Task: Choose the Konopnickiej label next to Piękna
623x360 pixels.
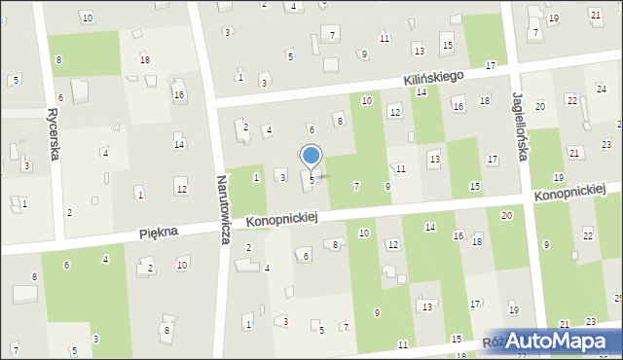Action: tap(282, 221)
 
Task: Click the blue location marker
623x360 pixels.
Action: tap(311, 156)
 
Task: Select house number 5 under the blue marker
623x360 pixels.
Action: tap(312, 180)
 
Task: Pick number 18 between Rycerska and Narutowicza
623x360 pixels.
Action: tap(145, 60)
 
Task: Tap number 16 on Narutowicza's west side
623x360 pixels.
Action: tap(178, 94)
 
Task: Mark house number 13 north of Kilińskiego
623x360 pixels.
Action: tap(419, 50)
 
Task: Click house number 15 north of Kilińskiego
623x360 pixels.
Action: tap(447, 46)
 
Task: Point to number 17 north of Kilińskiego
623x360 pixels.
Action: tap(491, 65)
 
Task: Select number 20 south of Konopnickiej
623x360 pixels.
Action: tap(506, 215)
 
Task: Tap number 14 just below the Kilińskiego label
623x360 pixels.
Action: tap(421, 91)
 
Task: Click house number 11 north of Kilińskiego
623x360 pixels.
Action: tap(385, 38)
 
